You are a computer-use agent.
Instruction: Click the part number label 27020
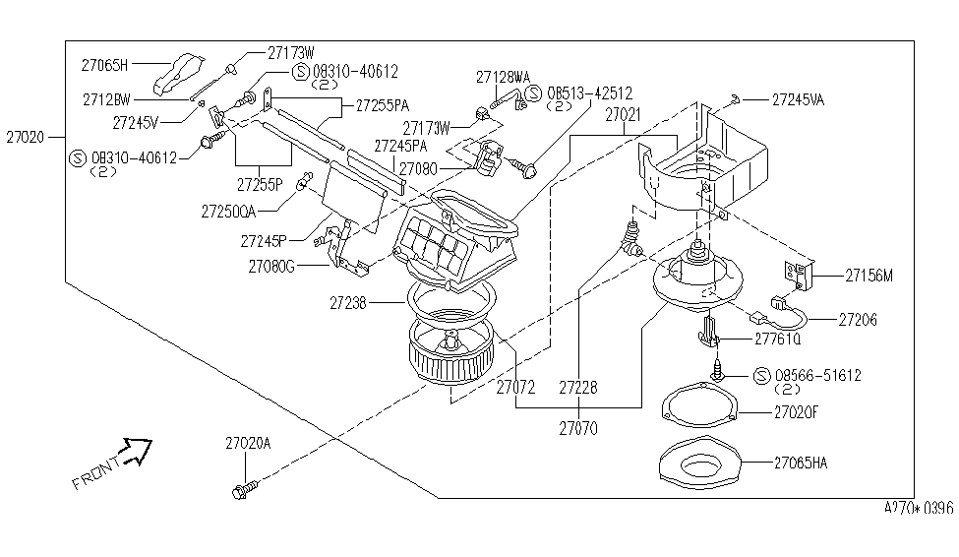26,137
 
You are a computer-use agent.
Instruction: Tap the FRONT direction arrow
137,451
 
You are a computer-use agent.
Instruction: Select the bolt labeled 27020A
245,489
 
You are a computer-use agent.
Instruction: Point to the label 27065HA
801,463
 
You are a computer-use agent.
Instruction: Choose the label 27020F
796,412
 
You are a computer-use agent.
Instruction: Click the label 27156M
869,277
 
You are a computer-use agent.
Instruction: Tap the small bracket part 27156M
799,276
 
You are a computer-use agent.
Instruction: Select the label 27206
858,320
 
